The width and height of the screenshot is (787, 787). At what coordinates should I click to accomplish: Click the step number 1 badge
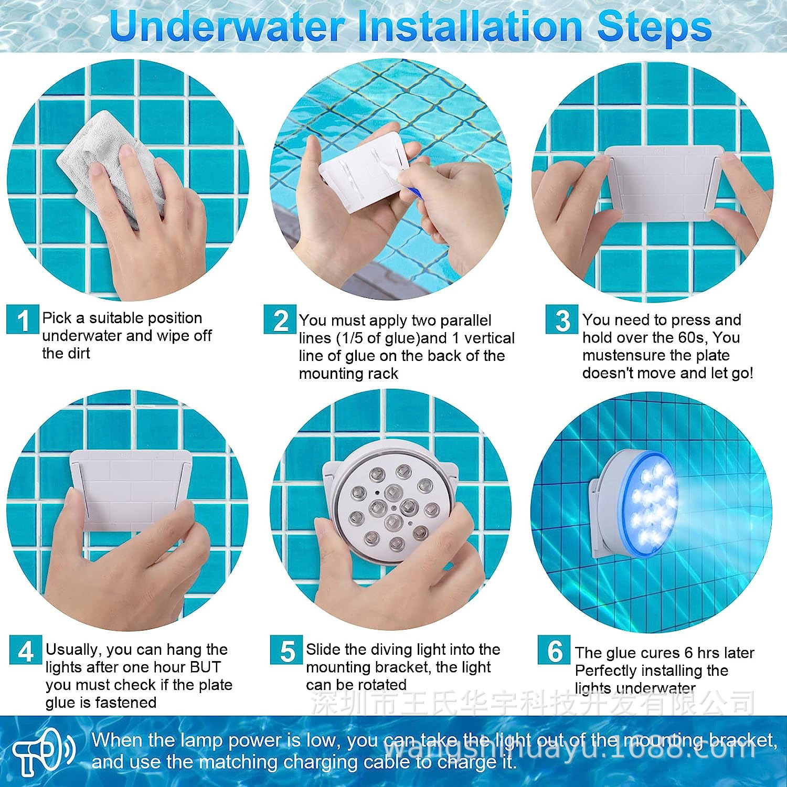23,320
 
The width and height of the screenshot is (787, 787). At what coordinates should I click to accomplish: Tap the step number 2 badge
280,320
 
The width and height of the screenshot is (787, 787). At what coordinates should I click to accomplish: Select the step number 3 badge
562,319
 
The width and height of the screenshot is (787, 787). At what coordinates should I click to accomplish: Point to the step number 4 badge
26,650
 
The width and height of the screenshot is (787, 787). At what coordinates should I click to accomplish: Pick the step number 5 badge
286,650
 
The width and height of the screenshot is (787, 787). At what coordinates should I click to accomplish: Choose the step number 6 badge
554,650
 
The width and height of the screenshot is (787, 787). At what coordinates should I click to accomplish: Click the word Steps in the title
654,27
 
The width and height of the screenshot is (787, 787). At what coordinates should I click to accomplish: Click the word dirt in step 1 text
78,353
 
